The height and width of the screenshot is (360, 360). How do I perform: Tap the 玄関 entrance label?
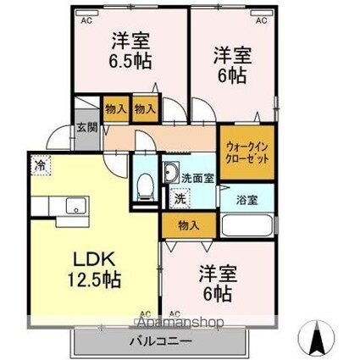[x=87, y=129]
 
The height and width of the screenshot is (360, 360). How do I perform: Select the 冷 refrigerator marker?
[x=41, y=166]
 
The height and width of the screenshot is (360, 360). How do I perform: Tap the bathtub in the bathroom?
[x=246, y=226]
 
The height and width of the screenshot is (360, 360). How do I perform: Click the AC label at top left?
[x=86, y=20]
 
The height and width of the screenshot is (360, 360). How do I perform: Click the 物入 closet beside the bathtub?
[x=189, y=224]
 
